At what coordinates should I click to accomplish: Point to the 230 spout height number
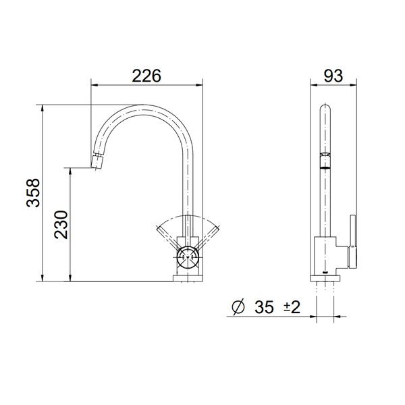tap(60, 225)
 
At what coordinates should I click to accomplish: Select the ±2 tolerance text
tap(291, 308)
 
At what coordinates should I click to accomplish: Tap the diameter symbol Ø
tap(238, 308)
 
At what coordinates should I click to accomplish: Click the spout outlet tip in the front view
tap(97, 162)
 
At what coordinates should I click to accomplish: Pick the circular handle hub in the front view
tap(188, 255)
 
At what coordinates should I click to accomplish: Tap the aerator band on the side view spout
tap(325, 157)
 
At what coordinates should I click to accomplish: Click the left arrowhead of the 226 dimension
tap(94, 85)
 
